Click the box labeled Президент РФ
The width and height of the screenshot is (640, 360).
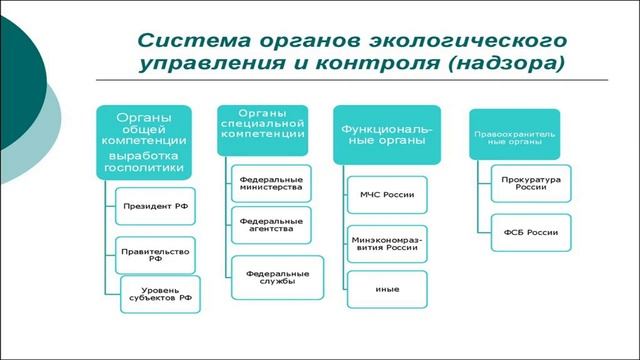point(154,206)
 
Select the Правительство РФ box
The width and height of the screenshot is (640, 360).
point(154,253)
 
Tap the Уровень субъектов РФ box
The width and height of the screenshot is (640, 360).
point(159,292)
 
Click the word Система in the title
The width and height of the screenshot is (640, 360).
point(177,42)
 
